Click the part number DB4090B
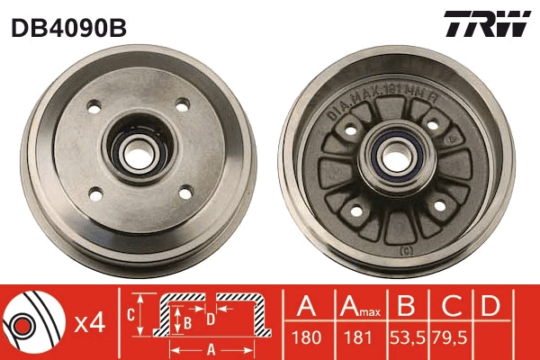tap(67, 28)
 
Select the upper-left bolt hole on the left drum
tap(93, 109)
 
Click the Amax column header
tap(358, 308)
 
